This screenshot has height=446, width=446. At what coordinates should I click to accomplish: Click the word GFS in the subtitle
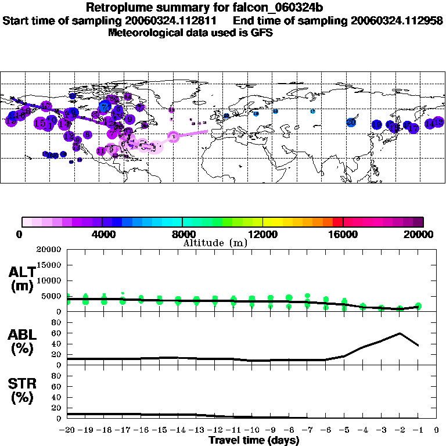pyautogui.click(x=262, y=33)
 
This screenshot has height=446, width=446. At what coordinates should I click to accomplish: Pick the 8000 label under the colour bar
pyautogui.click(x=182, y=234)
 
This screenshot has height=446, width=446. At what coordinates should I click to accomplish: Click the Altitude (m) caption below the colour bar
pyautogui.click(x=215, y=243)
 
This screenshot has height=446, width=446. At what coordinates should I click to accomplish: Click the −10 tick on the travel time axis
pyautogui.click(x=252, y=430)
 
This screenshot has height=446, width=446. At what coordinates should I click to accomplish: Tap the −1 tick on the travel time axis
pyautogui.click(x=418, y=430)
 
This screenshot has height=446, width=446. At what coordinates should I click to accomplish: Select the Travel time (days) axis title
pyautogui.click(x=254, y=440)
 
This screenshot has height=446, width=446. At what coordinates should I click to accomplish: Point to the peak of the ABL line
pyautogui.click(x=400, y=333)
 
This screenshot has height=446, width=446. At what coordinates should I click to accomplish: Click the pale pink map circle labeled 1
pyautogui.click(x=173, y=136)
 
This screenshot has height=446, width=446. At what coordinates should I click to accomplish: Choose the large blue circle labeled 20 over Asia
pyautogui.click(x=351, y=122)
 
